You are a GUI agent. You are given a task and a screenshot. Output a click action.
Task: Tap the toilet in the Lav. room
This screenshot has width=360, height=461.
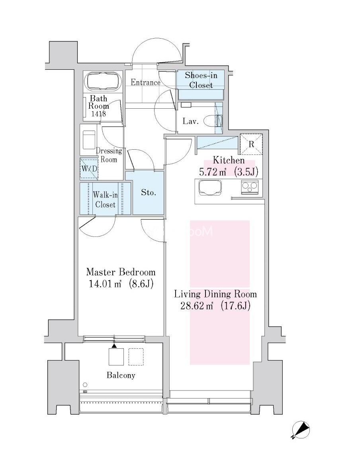pos(213,121)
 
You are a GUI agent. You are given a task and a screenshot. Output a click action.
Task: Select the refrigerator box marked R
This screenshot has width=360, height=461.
pos(251,144)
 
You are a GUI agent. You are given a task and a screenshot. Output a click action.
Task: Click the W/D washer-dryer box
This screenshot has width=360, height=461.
pos(89,169)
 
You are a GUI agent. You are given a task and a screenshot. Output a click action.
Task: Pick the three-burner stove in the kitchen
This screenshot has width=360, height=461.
pos(250,187)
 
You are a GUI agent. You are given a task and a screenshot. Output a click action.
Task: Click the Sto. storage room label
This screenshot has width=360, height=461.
pos(149,193)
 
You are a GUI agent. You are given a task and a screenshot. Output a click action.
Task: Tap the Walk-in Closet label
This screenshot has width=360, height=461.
pos(105,199)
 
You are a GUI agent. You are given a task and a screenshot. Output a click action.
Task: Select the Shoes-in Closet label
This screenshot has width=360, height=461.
pos(201,80)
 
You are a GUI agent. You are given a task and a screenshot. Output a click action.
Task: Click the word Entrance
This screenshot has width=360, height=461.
pos(146,82)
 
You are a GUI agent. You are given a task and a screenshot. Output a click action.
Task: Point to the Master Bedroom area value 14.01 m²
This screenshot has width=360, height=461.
pos(105,284)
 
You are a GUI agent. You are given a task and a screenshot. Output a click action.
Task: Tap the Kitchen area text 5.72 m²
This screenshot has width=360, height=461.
pos(213,172)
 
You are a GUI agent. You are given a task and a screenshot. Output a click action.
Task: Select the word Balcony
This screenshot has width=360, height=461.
pos(121,375)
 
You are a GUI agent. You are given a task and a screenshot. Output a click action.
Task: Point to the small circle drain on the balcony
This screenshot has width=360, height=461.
pos(85,385)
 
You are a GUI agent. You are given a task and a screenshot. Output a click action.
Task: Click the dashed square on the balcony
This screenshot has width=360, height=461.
pos(136,357)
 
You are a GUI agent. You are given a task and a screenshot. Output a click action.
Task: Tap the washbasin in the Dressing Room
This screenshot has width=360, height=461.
pos(89,140)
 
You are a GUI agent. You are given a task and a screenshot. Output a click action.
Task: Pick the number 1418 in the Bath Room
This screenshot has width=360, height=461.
pos(98,114)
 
